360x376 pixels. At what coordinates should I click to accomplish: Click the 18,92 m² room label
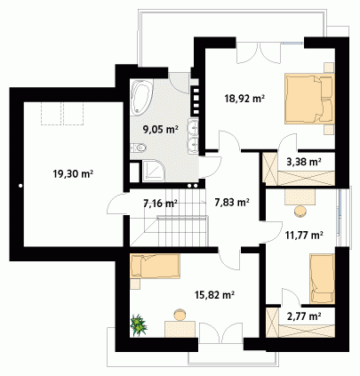(x=244, y=99)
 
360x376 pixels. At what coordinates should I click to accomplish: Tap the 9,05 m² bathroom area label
(x=160, y=129)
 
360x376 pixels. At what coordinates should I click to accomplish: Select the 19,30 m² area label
(x=73, y=173)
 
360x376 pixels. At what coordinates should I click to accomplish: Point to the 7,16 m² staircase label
(x=160, y=204)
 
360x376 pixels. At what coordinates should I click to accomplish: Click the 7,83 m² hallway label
(x=231, y=202)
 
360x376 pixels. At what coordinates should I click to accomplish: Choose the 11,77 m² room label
(x=304, y=236)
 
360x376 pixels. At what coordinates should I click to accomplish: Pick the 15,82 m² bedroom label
(x=215, y=295)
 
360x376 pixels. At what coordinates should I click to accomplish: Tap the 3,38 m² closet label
(x=304, y=162)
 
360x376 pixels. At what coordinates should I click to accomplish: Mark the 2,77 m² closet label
(x=304, y=316)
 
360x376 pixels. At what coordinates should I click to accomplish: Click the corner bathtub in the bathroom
(x=141, y=97)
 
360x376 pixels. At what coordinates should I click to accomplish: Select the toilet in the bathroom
(x=139, y=148)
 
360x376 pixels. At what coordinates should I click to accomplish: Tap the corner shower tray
(x=153, y=171)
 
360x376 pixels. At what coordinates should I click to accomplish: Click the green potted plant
(x=139, y=325)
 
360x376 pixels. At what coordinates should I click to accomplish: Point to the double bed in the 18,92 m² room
(x=309, y=99)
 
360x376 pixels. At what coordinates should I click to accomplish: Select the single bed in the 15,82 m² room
(x=155, y=266)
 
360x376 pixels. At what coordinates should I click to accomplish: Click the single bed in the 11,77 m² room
(x=323, y=278)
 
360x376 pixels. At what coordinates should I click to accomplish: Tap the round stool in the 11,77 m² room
(x=300, y=212)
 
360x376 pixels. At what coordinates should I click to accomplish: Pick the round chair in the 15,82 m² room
(x=180, y=315)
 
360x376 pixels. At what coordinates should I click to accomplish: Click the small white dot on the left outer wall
(x=20, y=186)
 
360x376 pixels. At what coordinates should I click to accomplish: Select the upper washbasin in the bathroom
(x=193, y=127)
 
